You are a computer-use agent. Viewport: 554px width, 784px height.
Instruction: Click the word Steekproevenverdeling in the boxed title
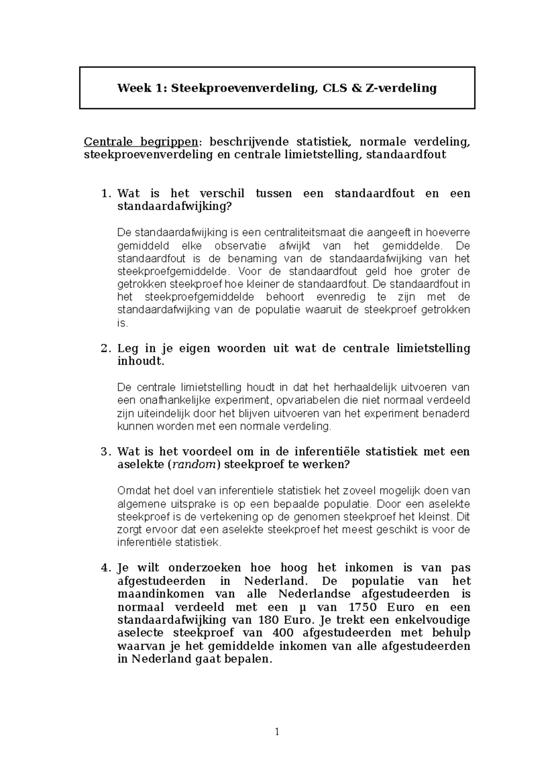pyautogui.click(x=244, y=88)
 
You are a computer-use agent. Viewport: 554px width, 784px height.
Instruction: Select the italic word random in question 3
pyautogui.click(x=193, y=465)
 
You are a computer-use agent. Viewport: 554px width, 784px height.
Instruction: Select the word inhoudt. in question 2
pyautogui.click(x=141, y=361)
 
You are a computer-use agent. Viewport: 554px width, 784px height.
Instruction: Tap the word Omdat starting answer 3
pyautogui.click(x=132, y=491)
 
